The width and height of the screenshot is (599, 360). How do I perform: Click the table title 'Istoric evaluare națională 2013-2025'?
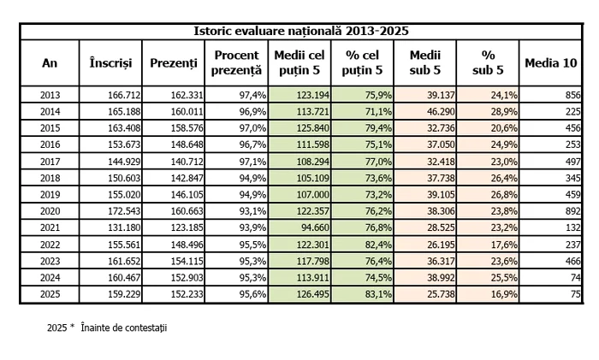click(300, 31)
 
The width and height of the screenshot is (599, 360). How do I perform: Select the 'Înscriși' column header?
click(110, 63)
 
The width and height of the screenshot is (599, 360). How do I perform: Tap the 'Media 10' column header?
click(551, 63)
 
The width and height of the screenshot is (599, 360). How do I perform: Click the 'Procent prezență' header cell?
click(236, 63)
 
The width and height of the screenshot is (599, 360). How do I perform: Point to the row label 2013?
click(50, 94)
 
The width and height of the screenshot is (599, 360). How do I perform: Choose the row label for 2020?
click(50, 208)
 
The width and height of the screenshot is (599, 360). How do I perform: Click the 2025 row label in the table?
click(50, 294)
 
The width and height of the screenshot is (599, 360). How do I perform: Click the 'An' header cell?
click(50, 63)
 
